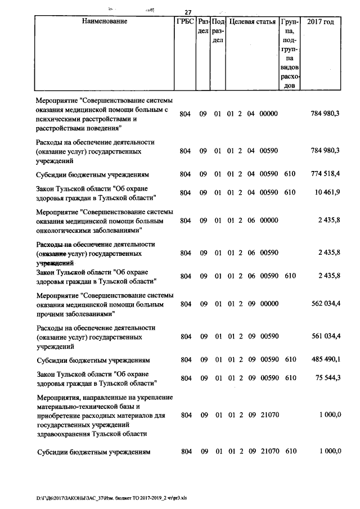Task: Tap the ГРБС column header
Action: [x=185, y=22]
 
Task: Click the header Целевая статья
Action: [x=251, y=22]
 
